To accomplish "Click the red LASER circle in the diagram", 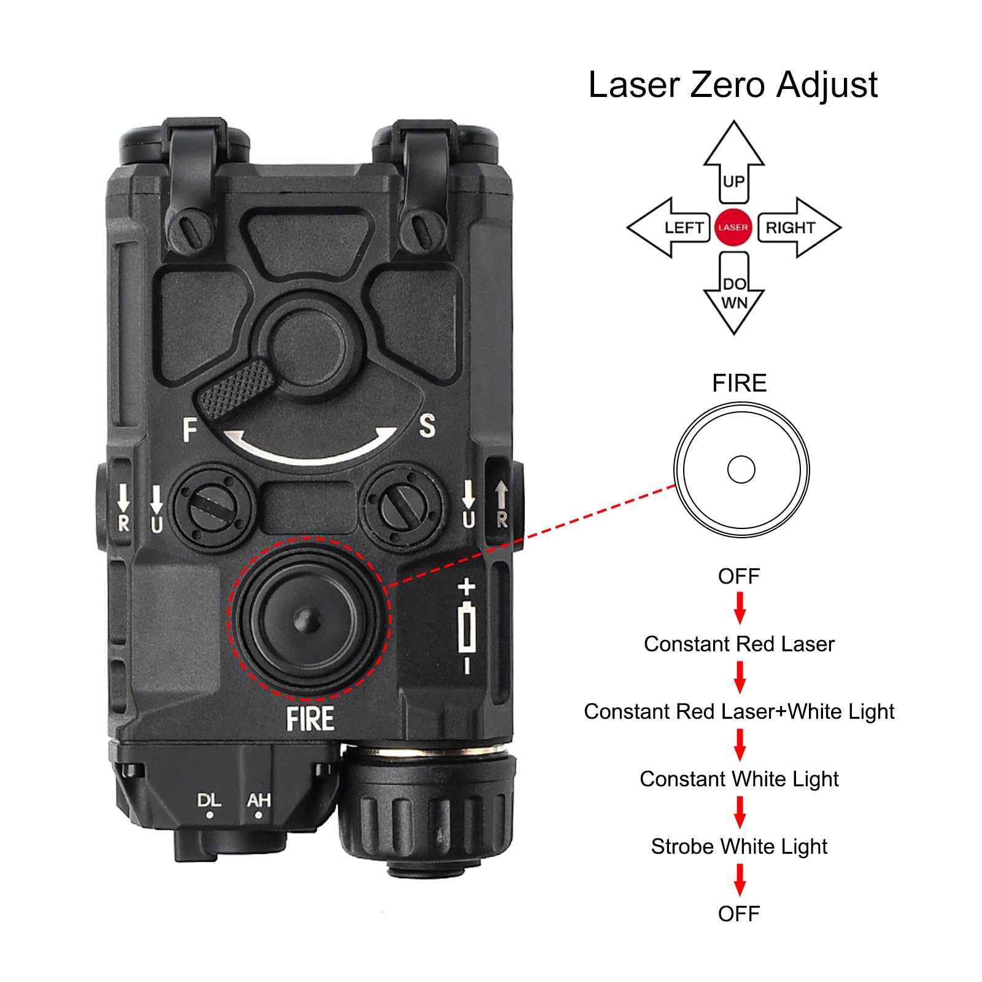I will pos(733,227).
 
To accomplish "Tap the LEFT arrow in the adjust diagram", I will pos(669,227).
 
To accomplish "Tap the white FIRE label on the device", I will pos(310,719).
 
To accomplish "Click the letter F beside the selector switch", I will pos(190,430).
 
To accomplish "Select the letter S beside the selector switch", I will pos(427,426).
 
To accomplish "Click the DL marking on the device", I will pos(209,800).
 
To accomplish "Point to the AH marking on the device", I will pos(258,800).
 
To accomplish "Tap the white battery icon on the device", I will pos(467,626).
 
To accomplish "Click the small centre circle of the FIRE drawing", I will pos(741,470).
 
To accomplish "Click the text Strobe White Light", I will pos(739,846).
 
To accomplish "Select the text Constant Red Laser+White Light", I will pos(739,711).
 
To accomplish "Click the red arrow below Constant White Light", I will pos(740,812).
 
